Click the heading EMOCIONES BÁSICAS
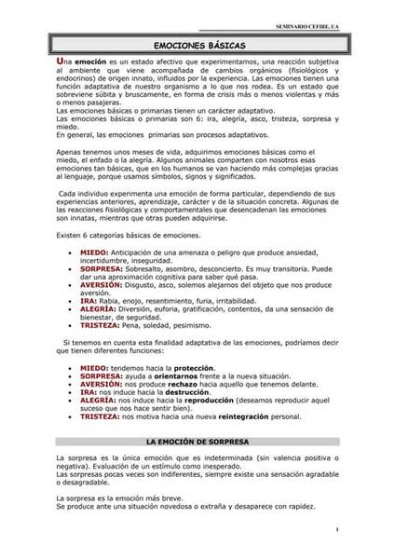click(x=197, y=44)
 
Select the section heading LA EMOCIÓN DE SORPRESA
click(x=197, y=438)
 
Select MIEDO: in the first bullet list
click(x=94, y=252)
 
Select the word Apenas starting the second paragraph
click(x=69, y=150)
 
